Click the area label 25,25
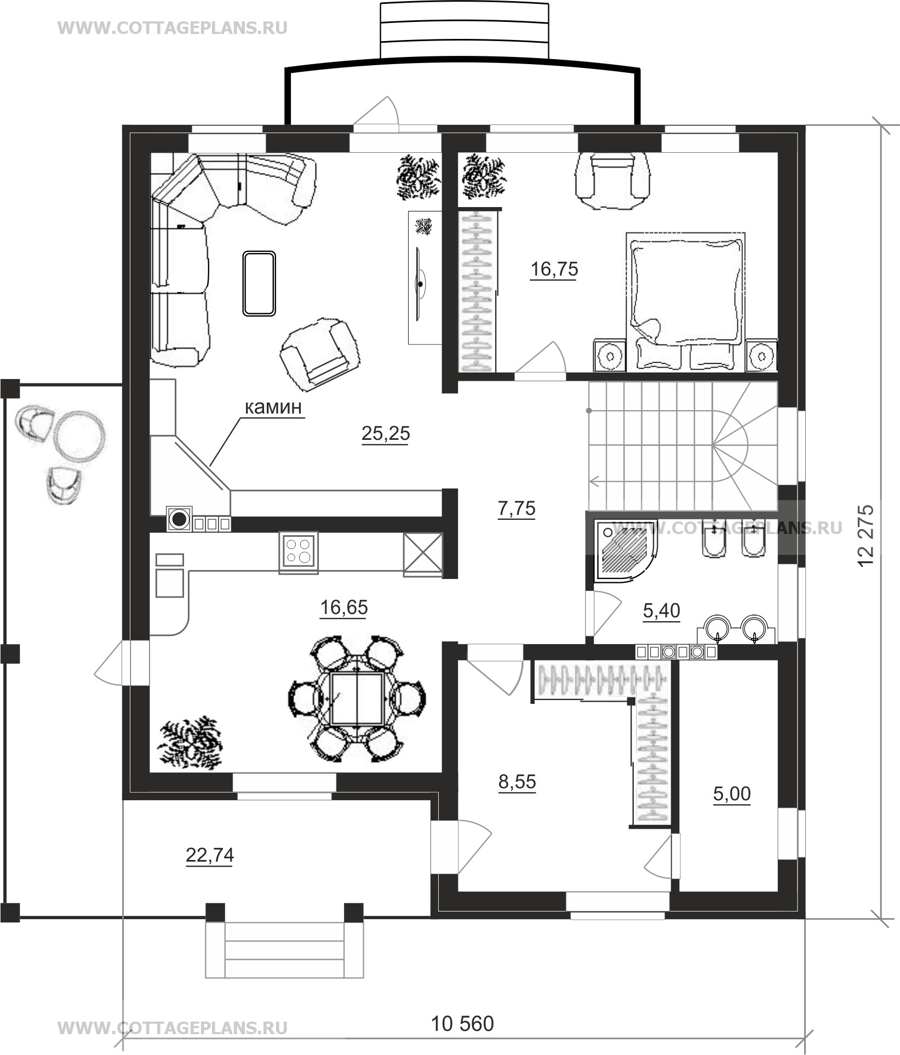coord(386,433)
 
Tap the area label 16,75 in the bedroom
coord(554,269)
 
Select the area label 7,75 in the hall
coord(516,508)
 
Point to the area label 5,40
coord(661,610)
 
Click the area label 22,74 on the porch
coord(210,855)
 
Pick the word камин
coord(273,408)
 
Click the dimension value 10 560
coord(463,1023)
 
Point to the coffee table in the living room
coord(259,283)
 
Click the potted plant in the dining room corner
coord(190,742)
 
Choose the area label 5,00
coord(732,793)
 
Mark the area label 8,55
coord(517,782)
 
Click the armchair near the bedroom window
coord(612,180)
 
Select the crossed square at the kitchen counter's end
coord(422,554)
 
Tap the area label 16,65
coord(343,607)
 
